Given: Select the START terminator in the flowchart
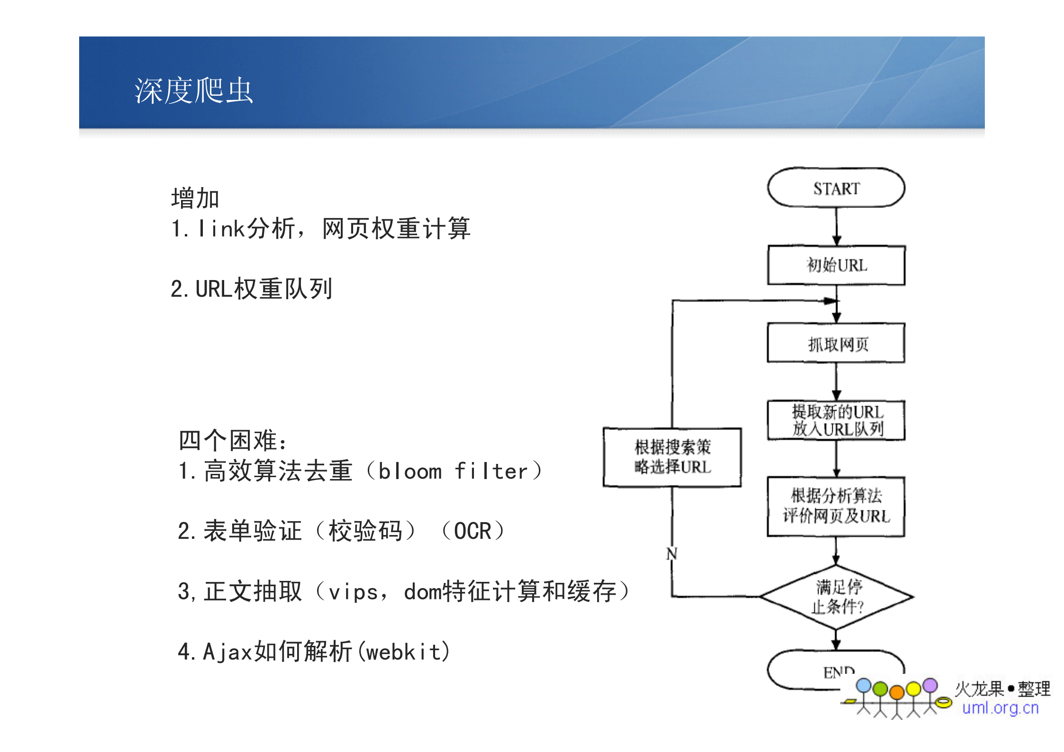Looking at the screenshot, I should point(836,188).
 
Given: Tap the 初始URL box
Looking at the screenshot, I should point(836,265).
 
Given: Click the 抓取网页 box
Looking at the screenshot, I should point(836,344).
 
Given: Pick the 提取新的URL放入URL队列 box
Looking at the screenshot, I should point(836,420).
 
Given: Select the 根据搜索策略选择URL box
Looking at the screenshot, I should point(672,457).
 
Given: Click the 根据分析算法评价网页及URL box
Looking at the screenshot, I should point(836,506).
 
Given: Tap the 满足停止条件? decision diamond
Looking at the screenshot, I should point(836,597).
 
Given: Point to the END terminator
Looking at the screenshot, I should point(806,670).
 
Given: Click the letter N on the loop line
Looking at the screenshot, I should point(672,553).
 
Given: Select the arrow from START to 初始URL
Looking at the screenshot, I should point(837,226).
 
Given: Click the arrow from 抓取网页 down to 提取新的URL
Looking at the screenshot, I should point(837,381).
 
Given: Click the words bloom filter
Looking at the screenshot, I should point(453,471).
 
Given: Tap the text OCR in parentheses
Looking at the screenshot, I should point(473,531).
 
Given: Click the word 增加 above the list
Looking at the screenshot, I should point(195,198).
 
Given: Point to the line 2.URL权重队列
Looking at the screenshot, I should point(251,289).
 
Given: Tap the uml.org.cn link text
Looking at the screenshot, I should point(1000,707).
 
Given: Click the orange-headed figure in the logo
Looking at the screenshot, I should point(897,693).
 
